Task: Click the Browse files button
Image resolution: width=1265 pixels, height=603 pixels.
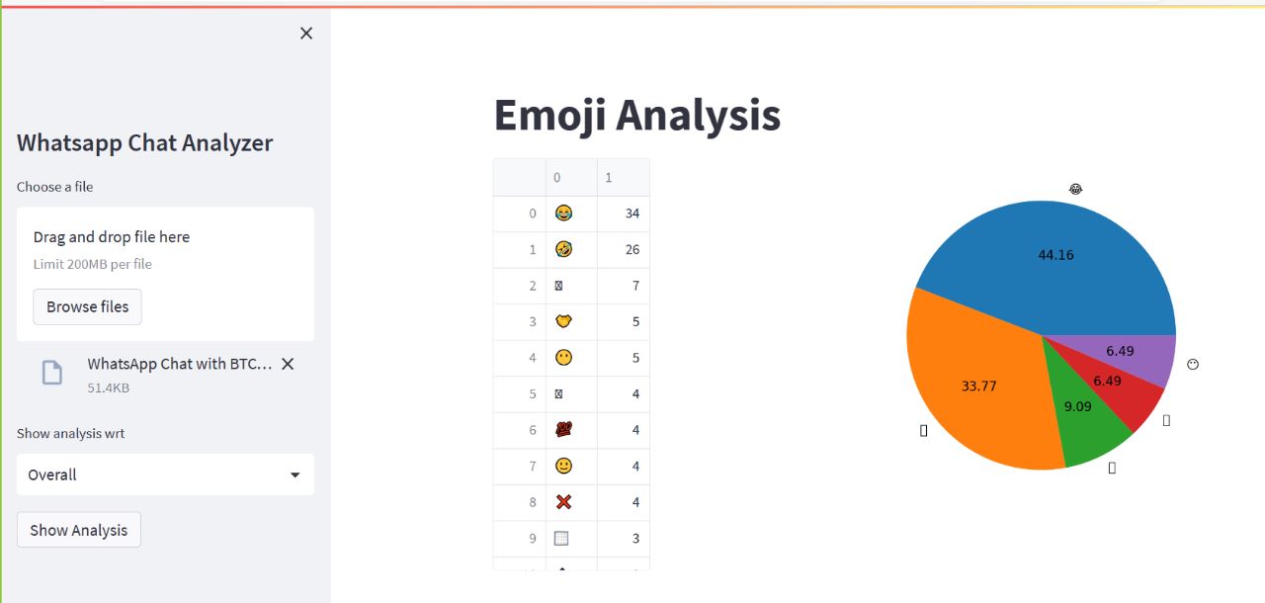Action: click(87, 306)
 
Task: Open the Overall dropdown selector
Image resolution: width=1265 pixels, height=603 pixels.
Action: click(165, 474)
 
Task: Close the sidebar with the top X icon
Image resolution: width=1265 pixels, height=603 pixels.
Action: click(306, 34)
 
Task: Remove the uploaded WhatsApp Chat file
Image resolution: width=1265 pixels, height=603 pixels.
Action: click(288, 364)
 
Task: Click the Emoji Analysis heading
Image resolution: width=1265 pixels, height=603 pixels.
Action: click(636, 115)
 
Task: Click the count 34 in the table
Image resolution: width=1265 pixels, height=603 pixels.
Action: click(632, 214)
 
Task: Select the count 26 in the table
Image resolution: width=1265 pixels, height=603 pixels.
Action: click(632, 250)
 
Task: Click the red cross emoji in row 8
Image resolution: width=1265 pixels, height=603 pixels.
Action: click(563, 502)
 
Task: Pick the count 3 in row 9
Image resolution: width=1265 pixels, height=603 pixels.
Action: click(635, 539)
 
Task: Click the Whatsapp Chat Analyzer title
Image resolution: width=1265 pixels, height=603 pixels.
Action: click(144, 142)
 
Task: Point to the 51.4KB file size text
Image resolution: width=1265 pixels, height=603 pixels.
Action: click(108, 388)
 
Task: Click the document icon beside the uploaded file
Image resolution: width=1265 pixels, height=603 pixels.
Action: click(51, 373)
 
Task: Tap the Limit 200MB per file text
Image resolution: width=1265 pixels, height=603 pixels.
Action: click(92, 264)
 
